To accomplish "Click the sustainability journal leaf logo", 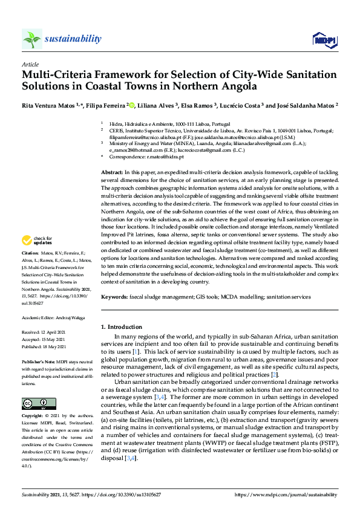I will point(32,39).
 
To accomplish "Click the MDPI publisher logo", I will point(324,40).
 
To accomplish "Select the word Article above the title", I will point(30,63).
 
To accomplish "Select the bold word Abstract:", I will point(113,173).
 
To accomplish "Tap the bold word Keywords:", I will point(114,297).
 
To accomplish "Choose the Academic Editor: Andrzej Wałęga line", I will point(54,317).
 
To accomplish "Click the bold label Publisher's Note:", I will point(38,360).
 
